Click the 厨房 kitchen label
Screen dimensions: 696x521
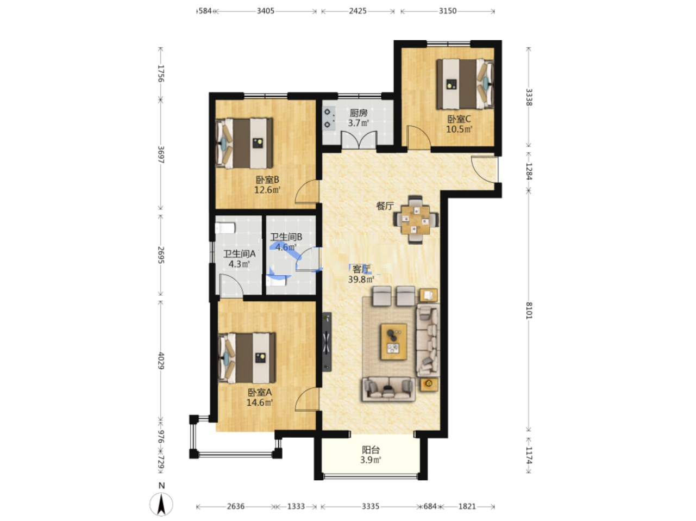[358, 113]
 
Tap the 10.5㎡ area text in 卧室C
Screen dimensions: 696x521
[459, 129]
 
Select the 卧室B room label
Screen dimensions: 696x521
[267, 179]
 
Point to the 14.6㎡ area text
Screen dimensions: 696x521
[259, 402]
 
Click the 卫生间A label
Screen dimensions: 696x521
[239, 253]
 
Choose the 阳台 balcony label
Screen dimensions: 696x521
[371, 450]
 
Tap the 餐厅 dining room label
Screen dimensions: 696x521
[385, 206]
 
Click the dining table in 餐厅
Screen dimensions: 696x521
[416, 220]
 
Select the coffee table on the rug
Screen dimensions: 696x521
[394, 342]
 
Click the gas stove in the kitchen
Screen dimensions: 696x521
[329, 118]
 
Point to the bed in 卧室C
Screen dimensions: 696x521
[465, 84]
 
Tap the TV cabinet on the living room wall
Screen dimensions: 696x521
[327, 342]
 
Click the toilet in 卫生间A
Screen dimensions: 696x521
[225, 228]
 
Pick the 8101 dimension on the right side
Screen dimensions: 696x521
[529, 311]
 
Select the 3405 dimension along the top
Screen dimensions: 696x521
[265, 11]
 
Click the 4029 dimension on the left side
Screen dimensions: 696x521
[161, 361]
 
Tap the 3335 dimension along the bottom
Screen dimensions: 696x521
[371, 506]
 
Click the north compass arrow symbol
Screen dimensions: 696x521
[161, 504]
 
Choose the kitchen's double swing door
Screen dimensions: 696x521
[359, 140]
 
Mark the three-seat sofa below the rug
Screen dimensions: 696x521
[388, 389]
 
